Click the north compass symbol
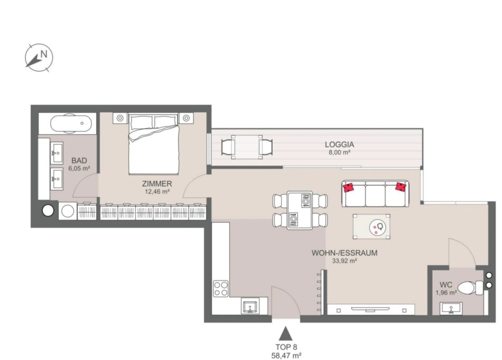coord(39,58)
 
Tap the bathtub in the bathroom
coord(71,123)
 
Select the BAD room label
coord(79,161)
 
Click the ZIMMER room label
coord(157,183)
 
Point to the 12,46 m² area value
coord(157,192)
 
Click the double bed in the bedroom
coord(154,144)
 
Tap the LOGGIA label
coord(339,144)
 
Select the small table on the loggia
coord(247,147)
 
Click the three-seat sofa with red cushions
coord(375,193)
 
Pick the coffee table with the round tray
coord(371,226)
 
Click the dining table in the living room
coord(300,210)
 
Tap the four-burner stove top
coord(221,289)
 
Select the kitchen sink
coord(250,307)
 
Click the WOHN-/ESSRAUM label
coord(345,253)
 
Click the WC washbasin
coord(451,308)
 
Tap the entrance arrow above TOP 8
coord(285,334)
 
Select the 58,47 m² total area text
coord(286,355)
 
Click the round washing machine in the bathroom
coord(68,211)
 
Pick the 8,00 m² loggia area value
coord(339,152)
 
